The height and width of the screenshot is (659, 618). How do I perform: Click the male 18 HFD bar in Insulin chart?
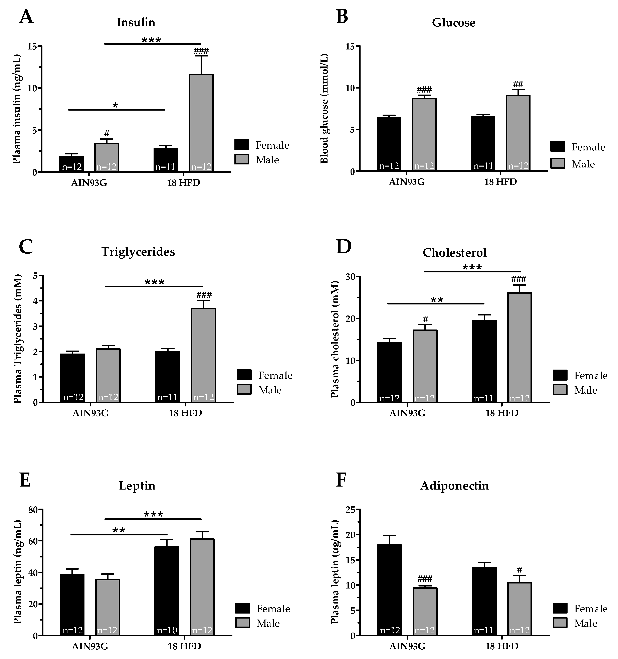201,123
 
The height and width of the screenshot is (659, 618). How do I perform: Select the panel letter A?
26,17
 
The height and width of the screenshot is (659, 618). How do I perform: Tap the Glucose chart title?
453,23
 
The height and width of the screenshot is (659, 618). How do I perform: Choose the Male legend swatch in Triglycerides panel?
244,390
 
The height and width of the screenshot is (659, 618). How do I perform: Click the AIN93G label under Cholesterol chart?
407,413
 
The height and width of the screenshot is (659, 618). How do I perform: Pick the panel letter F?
343,481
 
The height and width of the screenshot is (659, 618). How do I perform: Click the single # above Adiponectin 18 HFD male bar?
519,570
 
